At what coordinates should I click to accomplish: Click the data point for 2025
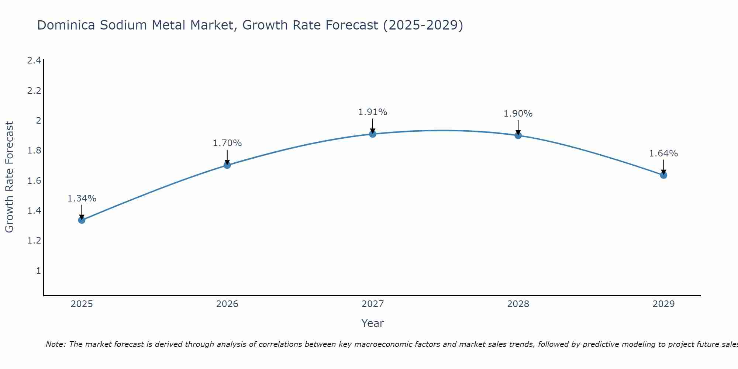point(82,220)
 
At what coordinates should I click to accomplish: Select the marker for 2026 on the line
point(227,165)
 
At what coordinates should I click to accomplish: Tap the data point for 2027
point(373,134)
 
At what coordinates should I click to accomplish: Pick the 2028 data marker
point(518,135)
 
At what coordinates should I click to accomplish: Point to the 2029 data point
point(663,175)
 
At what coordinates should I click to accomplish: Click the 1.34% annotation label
point(82,199)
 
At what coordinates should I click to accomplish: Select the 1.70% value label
point(227,143)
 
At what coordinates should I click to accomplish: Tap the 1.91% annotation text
point(373,112)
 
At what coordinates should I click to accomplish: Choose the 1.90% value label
point(518,114)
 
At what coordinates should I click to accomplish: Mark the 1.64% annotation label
point(663,154)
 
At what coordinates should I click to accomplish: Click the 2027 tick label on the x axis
point(373,304)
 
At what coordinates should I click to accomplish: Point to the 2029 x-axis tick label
point(663,304)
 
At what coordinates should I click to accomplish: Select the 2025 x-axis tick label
point(82,304)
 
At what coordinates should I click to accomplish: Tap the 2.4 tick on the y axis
point(34,61)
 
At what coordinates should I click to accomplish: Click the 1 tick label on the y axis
point(38,271)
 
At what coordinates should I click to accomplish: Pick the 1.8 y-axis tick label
point(34,151)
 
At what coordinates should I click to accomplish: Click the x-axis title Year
point(373,323)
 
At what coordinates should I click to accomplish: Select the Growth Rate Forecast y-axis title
point(10,177)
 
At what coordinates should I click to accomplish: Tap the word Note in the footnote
point(56,344)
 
